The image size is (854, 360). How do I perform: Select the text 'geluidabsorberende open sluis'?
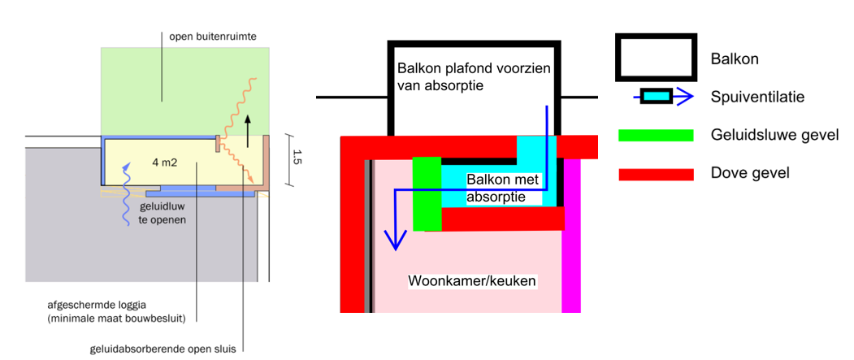coord(167,350)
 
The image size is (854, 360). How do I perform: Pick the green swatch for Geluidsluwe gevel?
coord(656,135)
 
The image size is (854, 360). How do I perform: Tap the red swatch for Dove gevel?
coord(656,174)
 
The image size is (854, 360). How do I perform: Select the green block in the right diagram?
coord(427,193)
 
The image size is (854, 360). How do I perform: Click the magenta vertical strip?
coord(572,236)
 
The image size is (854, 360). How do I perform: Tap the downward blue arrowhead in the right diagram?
coord(395,240)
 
